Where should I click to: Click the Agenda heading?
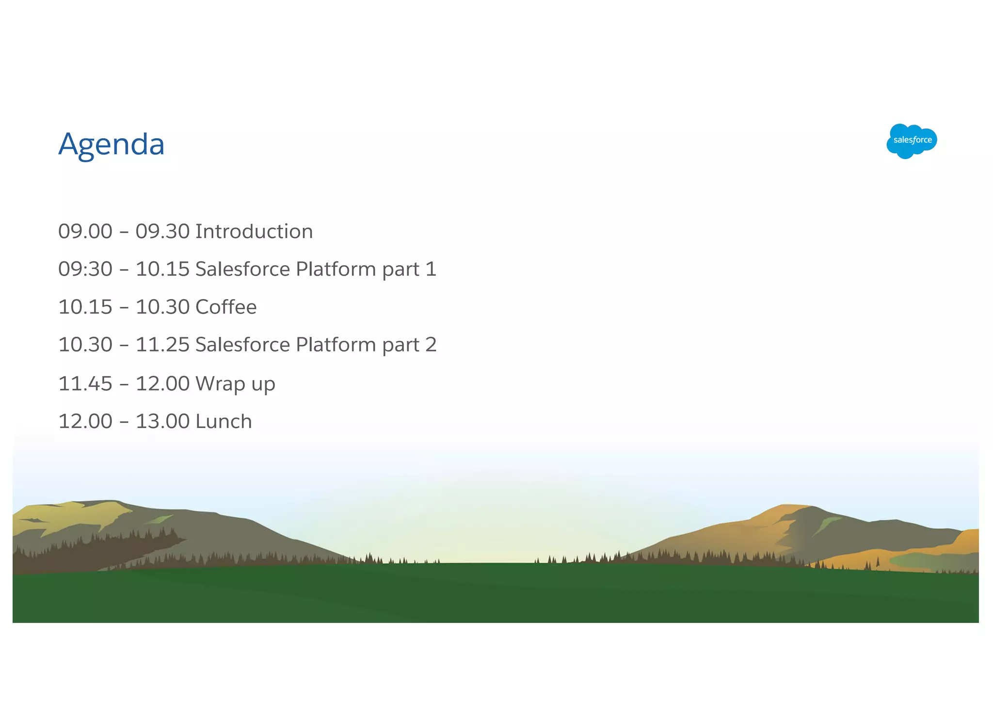tap(112, 144)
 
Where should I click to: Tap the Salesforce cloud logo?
tap(911, 141)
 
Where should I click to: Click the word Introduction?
tap(254, 231)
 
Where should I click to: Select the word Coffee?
tap(226, 307)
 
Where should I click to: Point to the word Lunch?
tap(224, 421)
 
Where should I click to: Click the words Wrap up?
tap(235, 384)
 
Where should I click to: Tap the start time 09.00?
tap(85, 231)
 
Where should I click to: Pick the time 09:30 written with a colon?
tap(85, 269)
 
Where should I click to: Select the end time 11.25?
tap(162, 345)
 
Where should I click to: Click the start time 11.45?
tap(85, 384)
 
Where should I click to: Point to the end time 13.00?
tap(162, 421)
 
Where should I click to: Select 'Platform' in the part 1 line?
tap(336, 269)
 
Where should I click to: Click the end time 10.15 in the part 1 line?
tap(162, 269)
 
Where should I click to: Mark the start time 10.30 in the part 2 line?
tap(85, 345)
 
